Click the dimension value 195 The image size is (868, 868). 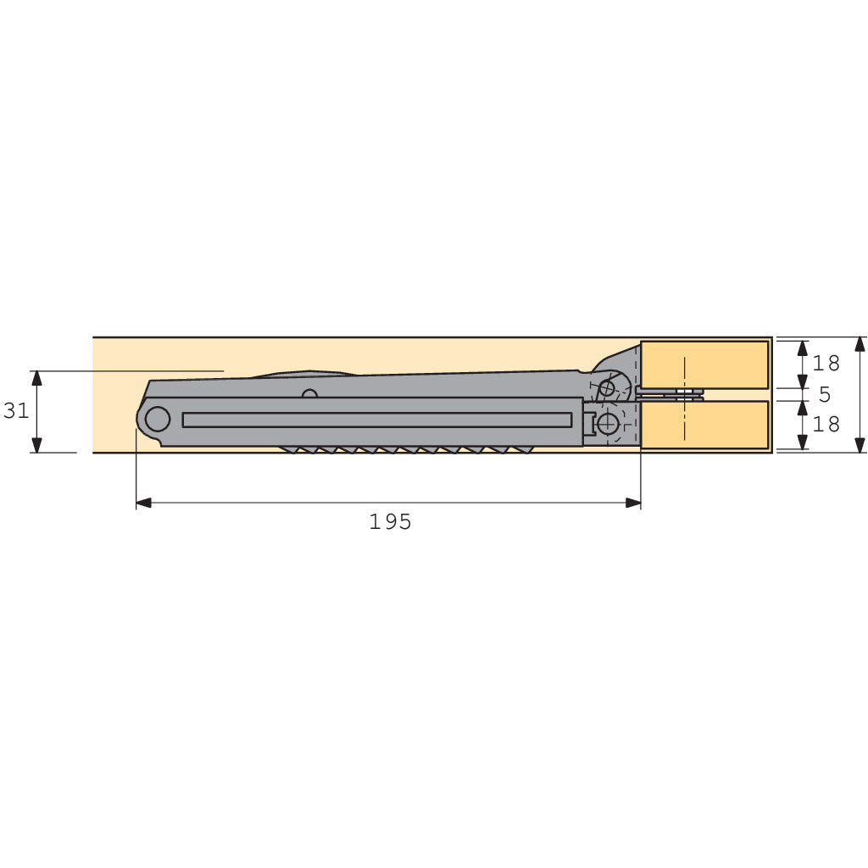[x=390, y=522]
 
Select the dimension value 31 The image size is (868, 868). [x=16, y=411]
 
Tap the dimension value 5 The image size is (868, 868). [x=824, y=395]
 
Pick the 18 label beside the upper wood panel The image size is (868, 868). [x=826, y=364]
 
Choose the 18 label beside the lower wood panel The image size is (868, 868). [x=826, y=424]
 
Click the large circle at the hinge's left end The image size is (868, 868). [x=158, y=419]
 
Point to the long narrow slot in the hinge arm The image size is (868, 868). [x=377, y=420]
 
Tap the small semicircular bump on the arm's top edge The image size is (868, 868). [x=310, y=393]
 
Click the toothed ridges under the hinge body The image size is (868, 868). [x=407, y=449]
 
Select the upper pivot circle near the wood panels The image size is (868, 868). [x=606, y=389]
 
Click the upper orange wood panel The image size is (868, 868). [x=704, y=364]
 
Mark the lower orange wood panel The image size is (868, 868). [x=704, y=425]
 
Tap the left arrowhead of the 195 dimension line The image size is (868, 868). [x=143, y=503]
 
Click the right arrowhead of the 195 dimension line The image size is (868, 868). [x=633, y=503]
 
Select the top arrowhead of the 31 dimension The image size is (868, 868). [x=36, y=377]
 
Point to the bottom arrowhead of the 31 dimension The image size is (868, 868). [x=36, y=445]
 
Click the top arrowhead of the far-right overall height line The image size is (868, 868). [x=860, y=344]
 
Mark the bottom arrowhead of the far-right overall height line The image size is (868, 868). [x=860, y=445]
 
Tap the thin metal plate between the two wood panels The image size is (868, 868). [x=670, y=394]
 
